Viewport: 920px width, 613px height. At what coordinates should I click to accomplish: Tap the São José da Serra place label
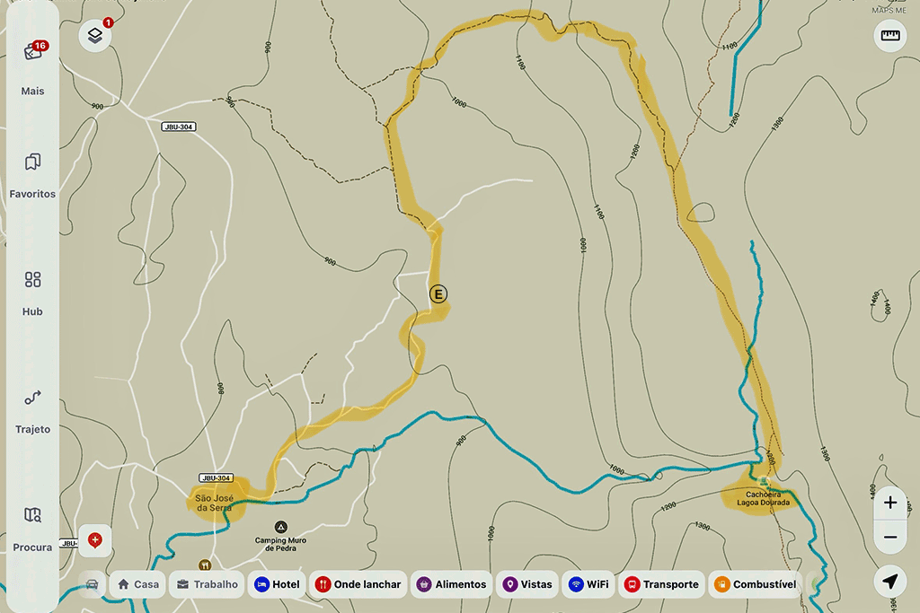point(214,503)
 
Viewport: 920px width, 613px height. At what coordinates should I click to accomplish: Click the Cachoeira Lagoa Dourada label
point(763,498)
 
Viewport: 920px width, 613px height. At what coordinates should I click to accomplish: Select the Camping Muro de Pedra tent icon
point(281,526)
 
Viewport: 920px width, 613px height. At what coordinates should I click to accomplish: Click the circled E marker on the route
point(438,293)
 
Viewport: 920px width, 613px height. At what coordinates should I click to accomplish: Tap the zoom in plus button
point(889,503)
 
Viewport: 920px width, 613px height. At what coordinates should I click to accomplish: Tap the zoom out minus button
point(889,537)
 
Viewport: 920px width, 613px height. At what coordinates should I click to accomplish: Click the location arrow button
point(889,582)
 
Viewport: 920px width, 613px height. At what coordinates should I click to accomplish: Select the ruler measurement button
point(889,36)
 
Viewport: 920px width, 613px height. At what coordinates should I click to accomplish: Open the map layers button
point(95,37)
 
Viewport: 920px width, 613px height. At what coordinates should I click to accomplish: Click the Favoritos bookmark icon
point(33,162)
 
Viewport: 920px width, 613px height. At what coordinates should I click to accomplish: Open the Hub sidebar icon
point(33,280)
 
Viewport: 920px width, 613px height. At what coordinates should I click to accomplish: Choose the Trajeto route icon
point(33,398)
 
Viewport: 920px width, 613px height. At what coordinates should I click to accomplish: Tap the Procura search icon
point(33,515)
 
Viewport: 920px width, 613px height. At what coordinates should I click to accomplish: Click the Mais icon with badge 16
point(33,52)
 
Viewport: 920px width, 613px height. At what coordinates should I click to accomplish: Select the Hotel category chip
point(277,584)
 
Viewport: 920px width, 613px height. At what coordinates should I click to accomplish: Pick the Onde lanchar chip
point(358,584)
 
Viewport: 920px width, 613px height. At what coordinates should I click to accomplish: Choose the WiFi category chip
point(588,584)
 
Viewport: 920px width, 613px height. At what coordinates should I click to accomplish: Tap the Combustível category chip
point(755,584)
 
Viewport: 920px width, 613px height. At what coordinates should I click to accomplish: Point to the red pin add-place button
point(95,540)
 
